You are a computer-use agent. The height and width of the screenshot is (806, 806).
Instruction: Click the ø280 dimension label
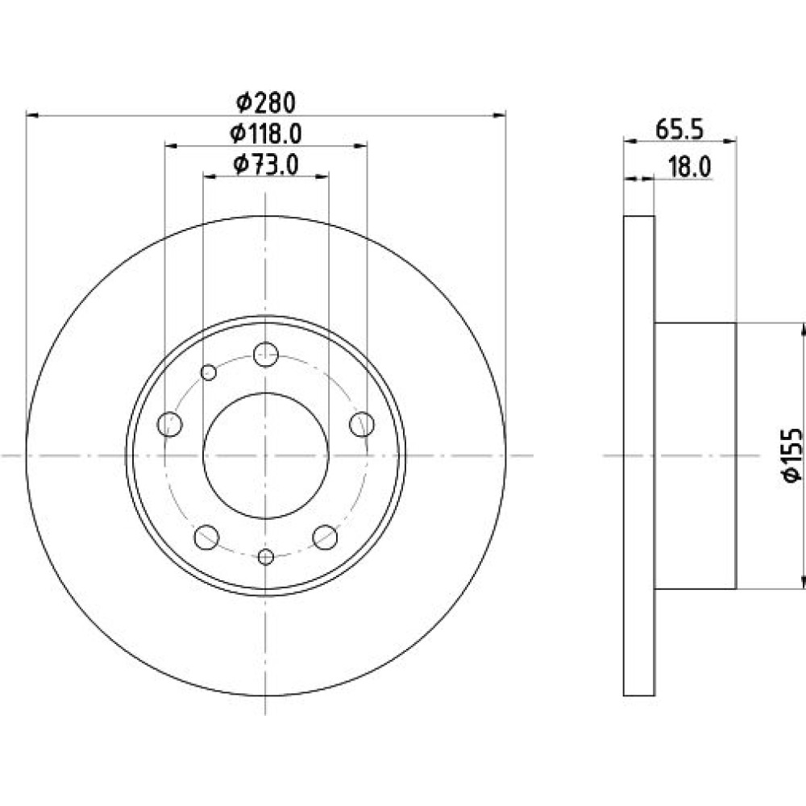266,102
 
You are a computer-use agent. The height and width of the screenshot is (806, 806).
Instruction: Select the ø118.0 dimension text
265,134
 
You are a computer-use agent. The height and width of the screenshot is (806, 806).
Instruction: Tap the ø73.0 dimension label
266,165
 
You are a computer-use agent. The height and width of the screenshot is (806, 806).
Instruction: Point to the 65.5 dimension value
679,129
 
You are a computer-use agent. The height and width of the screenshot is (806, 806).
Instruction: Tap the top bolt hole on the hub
266,354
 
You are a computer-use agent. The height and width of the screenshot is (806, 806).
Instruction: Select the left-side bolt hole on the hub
169,424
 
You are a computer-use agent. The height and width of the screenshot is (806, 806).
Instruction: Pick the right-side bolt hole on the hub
362,424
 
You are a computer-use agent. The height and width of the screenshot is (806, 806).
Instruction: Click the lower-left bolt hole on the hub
206,537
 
